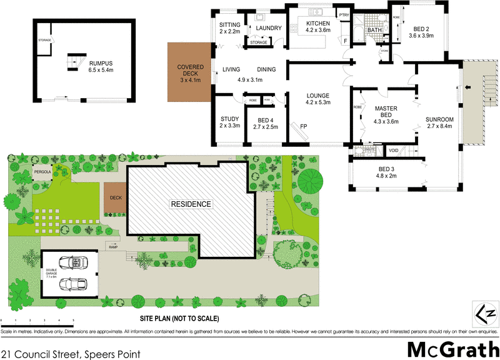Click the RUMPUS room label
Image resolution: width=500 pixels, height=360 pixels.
pyautogui.click(x=101, y=62)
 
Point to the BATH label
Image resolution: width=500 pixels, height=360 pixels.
pyautogui.click(x=374, y=30)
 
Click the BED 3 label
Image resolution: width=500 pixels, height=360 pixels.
pyautogui.click(x=386, y=169)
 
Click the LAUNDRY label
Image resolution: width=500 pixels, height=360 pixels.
pyautogui.click(x=269, y=28)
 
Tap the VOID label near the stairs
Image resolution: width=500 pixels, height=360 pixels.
pyautogui.click(x=394, y=151)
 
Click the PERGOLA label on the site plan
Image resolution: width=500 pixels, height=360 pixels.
pyautogui.click(x=42, y=169)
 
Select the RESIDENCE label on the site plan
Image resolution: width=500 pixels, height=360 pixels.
pyautogui.click(x=192, y=204)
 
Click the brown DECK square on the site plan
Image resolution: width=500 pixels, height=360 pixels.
pyautogui.click(x=116, y=198)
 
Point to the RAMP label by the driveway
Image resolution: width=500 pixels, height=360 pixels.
pyautogui.click(x=113, y=247)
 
